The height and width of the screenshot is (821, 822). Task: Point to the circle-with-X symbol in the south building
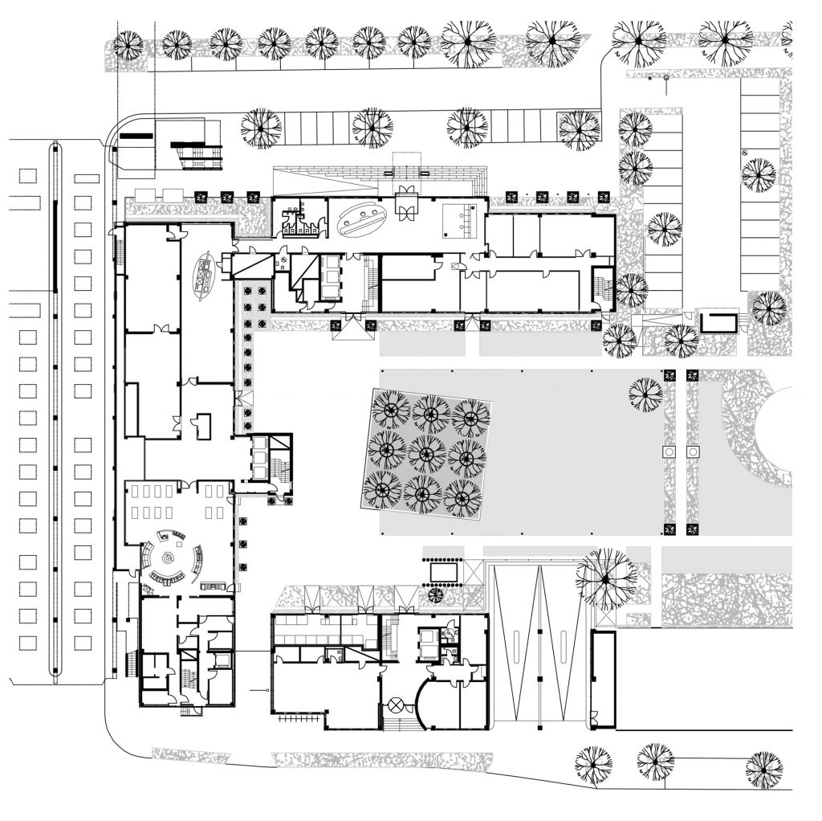point(396,705)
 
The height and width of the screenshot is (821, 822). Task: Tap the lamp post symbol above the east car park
point(665,78)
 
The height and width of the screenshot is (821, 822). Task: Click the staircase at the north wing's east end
point(600,284)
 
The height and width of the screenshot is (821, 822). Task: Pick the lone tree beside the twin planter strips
point(645,394)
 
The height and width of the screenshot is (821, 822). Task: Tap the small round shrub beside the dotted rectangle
point(437,595)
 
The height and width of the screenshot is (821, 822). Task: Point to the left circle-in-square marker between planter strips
point(668,452)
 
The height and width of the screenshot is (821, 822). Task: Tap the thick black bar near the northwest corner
point(136,136)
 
